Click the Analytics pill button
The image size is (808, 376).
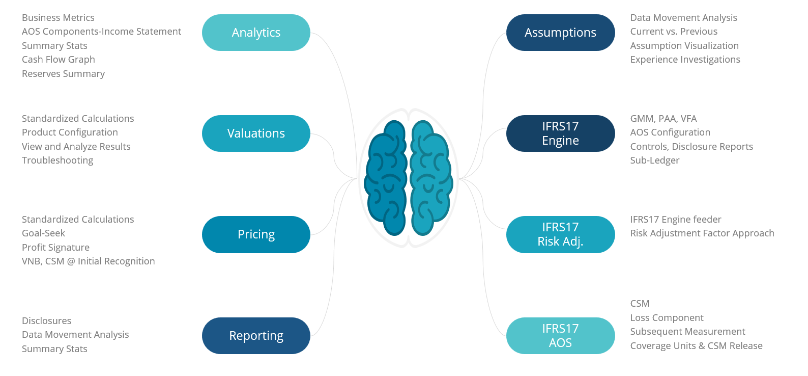256,33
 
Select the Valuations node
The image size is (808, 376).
256,133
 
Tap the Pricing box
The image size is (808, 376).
256,234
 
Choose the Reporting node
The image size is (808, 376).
256,336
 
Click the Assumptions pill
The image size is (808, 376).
560,33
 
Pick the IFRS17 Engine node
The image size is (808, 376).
560,133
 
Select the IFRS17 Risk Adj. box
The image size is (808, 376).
560,234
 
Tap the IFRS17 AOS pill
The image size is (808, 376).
560,336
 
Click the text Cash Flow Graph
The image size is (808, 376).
59,60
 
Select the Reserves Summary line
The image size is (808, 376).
63,74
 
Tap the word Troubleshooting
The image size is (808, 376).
57,160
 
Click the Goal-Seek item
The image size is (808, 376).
43,233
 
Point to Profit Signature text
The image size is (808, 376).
55,248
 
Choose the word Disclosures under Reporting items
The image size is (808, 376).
46,321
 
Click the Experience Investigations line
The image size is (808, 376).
685,60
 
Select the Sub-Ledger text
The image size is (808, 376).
654,160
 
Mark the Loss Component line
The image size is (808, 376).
667,318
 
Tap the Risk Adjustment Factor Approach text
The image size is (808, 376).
702,233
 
